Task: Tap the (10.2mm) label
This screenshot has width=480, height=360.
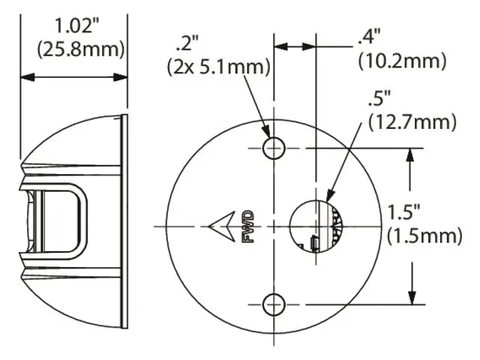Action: pos(403,58)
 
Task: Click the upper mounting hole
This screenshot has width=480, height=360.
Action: pos(274,148)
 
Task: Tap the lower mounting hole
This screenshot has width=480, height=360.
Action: pos(274,304)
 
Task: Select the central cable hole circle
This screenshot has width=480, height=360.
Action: pos(315,226)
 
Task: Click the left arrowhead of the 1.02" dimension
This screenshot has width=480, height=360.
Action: pos(25,76)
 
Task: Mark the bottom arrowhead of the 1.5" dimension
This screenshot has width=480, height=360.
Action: pos(411,298)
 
